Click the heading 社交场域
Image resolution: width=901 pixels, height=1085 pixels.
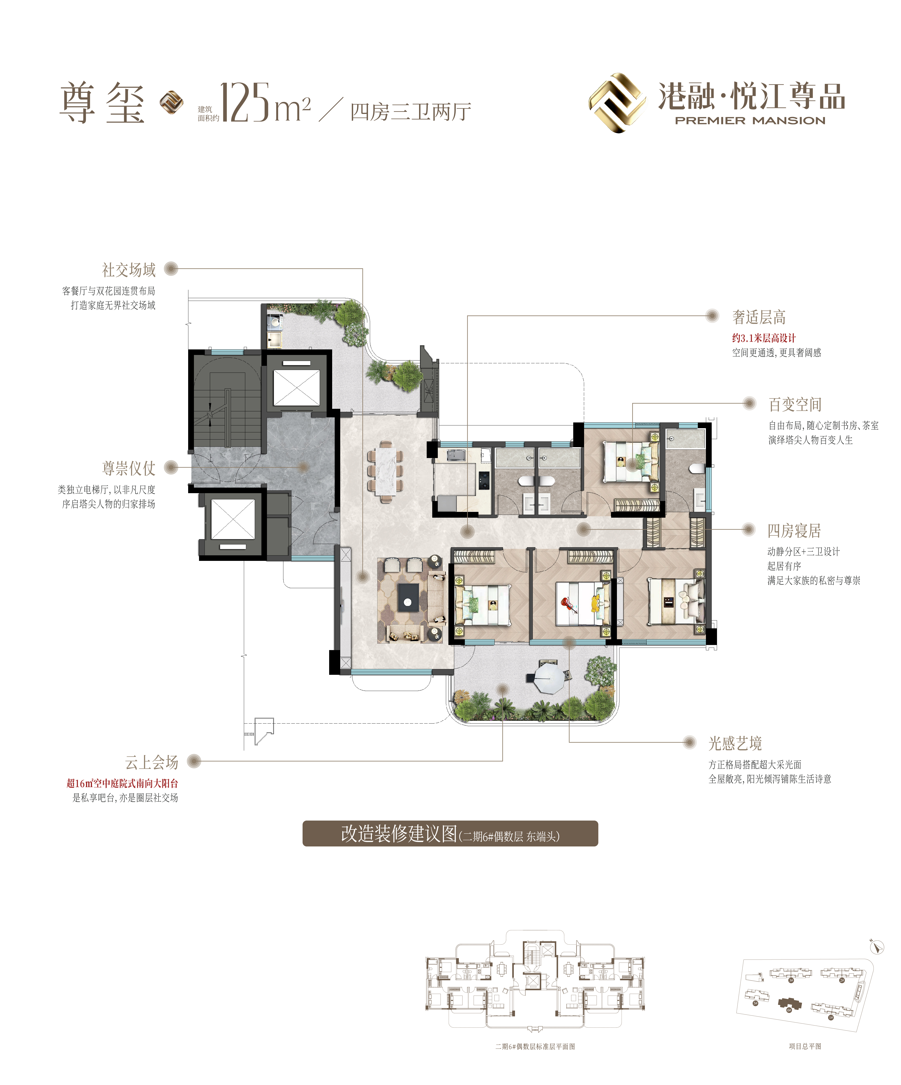tap(129, 270)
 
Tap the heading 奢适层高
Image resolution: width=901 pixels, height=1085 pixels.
tap(759, 317)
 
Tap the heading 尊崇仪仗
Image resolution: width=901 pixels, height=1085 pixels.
tap(129, 468)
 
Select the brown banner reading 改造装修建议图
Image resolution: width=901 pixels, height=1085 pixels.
tap(450, 833)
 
